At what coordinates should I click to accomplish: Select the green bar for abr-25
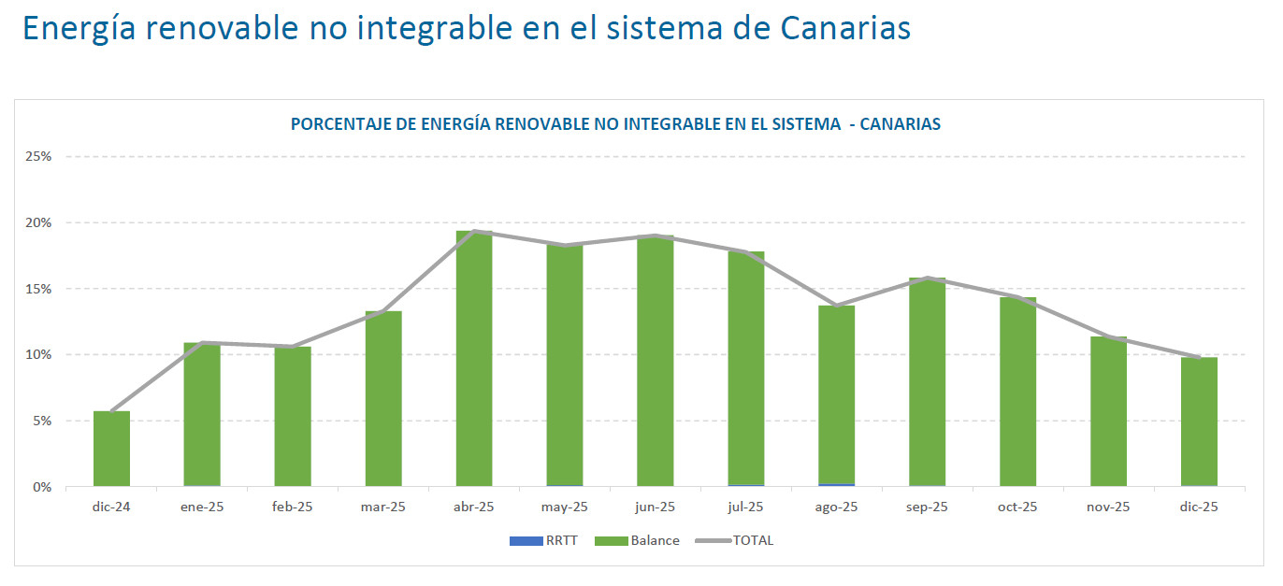coord(474,359)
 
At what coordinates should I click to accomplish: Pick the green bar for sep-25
coord(928,382)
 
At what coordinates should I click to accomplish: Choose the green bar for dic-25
coord(1199,422)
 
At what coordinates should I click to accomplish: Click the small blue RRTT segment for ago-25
coord(837,485)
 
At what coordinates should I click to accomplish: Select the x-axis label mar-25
coord(383,507)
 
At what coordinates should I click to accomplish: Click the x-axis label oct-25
coord(1017,507)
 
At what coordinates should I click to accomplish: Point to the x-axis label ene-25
coord(202,507)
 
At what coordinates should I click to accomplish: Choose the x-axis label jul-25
coord(745,507)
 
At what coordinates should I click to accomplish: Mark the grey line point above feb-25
coord(293,347)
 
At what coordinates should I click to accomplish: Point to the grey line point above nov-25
coord(1108,337)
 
